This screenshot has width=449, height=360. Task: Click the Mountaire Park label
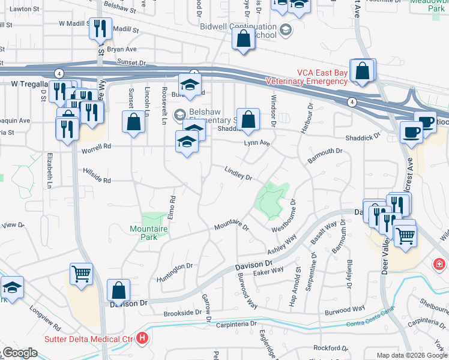click(144, 232)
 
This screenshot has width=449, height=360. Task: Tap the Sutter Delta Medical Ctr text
click(90, 338)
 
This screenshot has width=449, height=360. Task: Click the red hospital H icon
click(142, 338)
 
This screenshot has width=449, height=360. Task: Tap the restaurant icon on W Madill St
click(100, 28)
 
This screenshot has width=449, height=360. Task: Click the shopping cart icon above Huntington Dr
click(81, 274)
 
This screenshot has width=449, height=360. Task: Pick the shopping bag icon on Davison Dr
click(119, 290)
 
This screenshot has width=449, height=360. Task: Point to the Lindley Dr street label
click(238, 173)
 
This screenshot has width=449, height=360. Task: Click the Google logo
click(19, 353)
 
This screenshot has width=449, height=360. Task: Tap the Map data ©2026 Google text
click(411, 355)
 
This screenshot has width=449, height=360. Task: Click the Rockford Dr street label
click(331, 347)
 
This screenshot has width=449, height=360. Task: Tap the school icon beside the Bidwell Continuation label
click(285, 28)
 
